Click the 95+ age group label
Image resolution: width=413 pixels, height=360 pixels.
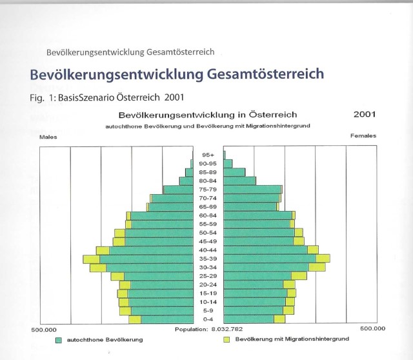208,155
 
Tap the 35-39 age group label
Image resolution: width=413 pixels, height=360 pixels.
208,259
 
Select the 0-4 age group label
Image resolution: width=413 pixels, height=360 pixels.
208,319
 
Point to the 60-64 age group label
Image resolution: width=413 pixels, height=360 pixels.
208,215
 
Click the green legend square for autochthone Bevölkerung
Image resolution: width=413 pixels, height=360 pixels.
59,340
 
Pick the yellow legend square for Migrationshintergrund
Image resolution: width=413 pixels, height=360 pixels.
227,339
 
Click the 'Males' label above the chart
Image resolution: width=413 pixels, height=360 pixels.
48,137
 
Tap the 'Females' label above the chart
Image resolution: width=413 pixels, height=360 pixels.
363,136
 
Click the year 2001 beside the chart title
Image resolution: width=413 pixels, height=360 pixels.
365,114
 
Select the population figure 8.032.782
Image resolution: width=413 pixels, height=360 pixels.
227,329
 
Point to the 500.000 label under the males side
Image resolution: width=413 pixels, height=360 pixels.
44,330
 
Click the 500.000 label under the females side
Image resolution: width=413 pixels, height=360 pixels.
373,328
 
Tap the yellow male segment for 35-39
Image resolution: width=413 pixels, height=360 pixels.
92,259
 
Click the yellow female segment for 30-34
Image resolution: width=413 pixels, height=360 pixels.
317,267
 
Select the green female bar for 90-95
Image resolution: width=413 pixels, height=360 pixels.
228,164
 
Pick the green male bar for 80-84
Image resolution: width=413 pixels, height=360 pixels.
186,181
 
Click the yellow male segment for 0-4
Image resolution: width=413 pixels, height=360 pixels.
135,319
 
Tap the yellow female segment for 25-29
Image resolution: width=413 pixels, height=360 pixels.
299,275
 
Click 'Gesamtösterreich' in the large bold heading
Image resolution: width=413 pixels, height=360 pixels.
267,74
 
